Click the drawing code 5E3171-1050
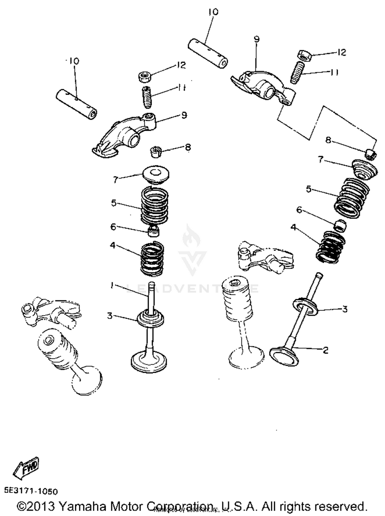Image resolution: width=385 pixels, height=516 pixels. [31, 491]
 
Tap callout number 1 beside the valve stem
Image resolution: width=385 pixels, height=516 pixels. [112, 285]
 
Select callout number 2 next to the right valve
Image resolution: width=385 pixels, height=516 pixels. [325, 350]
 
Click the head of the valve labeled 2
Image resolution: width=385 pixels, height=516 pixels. [284, 356]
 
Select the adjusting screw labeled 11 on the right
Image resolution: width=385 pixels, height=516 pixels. [297, 73]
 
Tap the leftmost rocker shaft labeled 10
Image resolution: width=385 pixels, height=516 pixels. [76, 104]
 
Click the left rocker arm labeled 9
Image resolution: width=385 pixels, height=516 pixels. [121, 136]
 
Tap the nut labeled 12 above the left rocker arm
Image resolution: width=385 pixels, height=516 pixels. [145, 77]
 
